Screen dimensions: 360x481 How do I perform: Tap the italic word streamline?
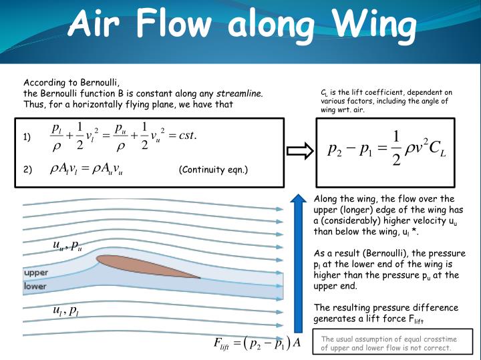[x=238, y=93]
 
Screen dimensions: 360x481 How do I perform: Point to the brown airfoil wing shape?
[x=147, y=265]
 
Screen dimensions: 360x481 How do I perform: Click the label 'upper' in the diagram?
[x=36, y=273]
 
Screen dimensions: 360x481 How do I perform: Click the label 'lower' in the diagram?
[x=35, y=286]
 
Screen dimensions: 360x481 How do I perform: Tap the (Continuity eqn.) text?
[x=213, y=170]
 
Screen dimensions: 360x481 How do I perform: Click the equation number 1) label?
[x=27, y=138]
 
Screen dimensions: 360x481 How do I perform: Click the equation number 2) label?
[x=27, y=170]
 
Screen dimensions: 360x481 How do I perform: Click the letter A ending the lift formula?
[x=298, y=343]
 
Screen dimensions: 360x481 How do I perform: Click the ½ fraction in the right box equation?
[x=396, y=148]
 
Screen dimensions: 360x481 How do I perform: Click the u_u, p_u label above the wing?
[x=67, y=246]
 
